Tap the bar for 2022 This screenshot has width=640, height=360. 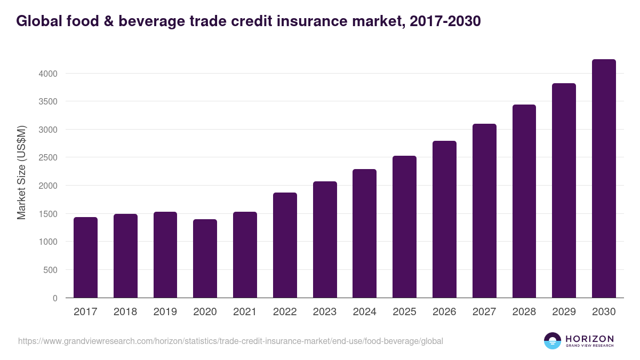pyautogui.click(x=285, y=245)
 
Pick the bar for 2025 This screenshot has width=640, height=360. pyautogui.click(x=404, y=227)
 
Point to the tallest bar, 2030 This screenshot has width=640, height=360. pyautogui.click(x=604, y=179)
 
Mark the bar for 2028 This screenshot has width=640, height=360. pyautogui.click(x=524, y=201)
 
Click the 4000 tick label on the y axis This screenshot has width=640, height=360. pyautogui.click(x=47, y=74)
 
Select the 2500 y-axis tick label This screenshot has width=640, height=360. pyautogui.click(x=47, y=158)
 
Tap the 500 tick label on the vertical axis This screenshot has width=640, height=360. pyautogui.click(x=50, y=270)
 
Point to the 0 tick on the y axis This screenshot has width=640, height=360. pyautogui.click(x=55, y=298)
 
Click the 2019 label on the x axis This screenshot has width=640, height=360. pyautogui.click(x=165, y=312)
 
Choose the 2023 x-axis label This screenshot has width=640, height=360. pyautogui.click(x=325, y=312)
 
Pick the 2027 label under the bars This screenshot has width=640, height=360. pyautogui.click(x=484, y=312)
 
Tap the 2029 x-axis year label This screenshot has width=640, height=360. pyautogui.click(x=564, y=312)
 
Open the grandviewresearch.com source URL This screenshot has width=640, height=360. pyautogui.click(x=230, y=341)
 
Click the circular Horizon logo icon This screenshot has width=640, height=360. pyautogui.click(x=553, y=341)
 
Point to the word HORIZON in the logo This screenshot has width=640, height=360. pyautogui.click(x=589, y=338)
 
